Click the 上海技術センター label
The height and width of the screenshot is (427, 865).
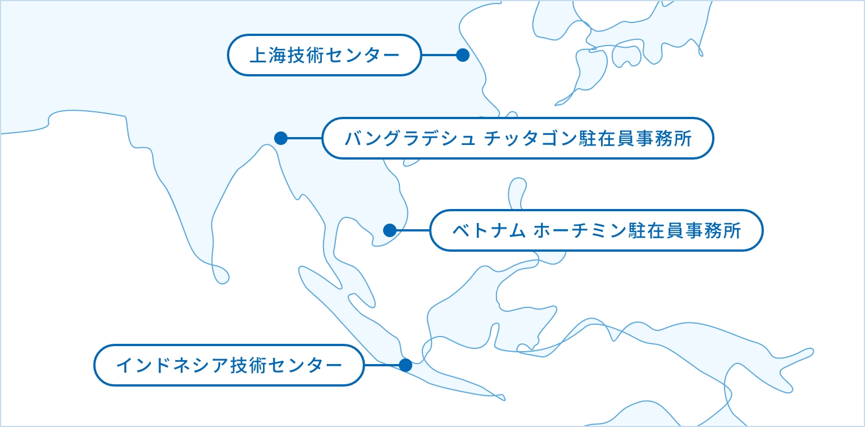tap(325, 55)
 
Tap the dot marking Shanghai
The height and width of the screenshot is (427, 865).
tap(463, 55)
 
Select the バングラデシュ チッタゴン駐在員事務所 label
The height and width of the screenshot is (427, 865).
tap(518, 138)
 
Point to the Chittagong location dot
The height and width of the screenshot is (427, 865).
tap(281, 138)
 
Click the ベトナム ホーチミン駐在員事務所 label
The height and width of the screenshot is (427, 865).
tap(597, 230)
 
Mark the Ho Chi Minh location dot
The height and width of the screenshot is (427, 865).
tap(390, 230)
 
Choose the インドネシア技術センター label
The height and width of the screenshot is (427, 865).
tap(229, 365)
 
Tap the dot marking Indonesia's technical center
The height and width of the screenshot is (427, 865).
tap(406, 365)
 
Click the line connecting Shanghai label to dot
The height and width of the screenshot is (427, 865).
tap(439, 55)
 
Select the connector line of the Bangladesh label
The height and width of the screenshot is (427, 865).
tap(304, 138)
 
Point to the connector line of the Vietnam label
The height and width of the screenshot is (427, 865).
tap(413, 230)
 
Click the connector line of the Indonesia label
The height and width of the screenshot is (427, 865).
tap(382, 365)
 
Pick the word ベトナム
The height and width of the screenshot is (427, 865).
tap(489, 230)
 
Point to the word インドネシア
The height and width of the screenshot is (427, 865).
tap(172, 365)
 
